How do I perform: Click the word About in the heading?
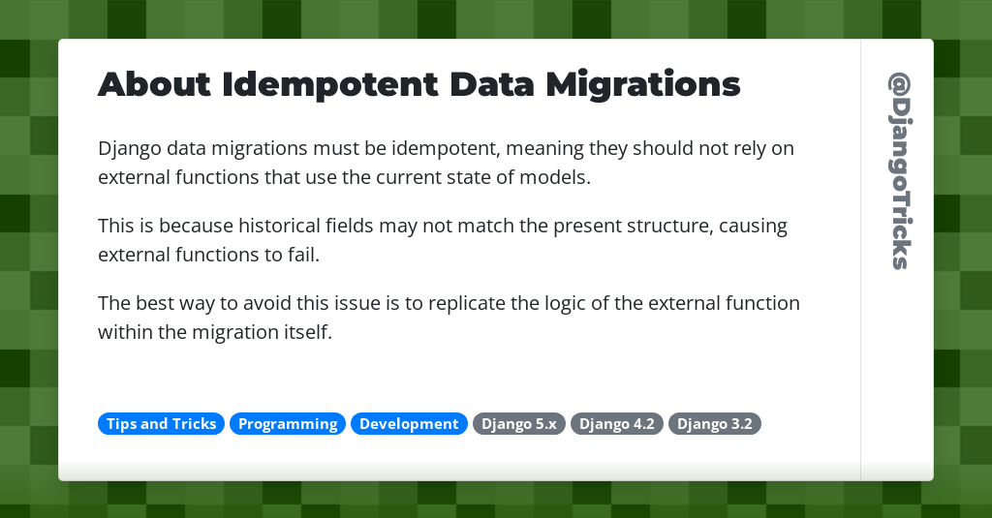[154, 85]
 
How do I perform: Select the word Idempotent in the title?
[329, 85]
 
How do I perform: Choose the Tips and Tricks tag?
[161, 424]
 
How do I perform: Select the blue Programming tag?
[288, 424]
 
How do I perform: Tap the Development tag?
[409, 424]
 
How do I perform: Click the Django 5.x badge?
[518, 424]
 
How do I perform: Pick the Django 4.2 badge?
[616, 424]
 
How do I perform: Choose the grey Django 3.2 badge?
[714, 424]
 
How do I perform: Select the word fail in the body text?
[303, 256]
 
